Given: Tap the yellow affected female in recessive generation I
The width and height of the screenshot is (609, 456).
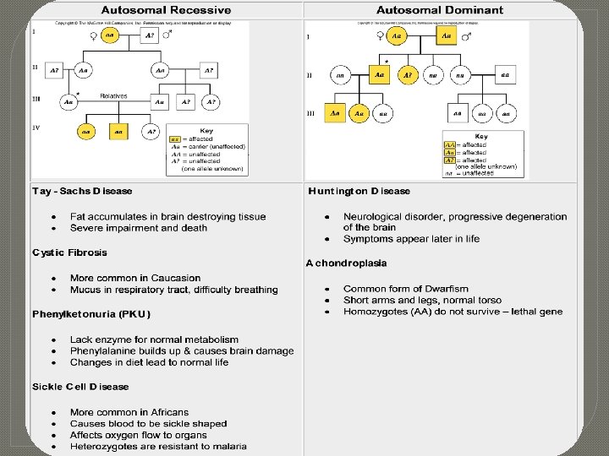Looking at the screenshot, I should tap(110, 35).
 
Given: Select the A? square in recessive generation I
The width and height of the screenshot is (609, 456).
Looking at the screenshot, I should tap(150, 35).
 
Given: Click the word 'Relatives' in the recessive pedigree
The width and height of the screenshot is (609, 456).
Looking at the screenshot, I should tap(113, 95).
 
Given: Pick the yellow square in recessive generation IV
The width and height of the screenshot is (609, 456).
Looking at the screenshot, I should tap(118, 132).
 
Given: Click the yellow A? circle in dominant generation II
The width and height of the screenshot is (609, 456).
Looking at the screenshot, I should tap(408, 75).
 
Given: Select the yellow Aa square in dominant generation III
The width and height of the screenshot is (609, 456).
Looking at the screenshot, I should tap(336, 112).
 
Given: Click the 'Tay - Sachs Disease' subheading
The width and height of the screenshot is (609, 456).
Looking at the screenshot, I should tap(81, 192).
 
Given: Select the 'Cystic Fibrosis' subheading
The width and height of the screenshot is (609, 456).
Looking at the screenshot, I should tap(70, 252).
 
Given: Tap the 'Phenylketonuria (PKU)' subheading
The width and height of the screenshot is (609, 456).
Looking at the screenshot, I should tap(91, 314).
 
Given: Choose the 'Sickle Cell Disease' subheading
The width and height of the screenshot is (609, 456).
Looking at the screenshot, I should tap(81, 387).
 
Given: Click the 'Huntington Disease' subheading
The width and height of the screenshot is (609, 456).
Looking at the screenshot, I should tap(359, 192).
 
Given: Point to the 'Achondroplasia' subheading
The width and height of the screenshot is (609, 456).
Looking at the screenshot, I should tap(346, 263).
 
